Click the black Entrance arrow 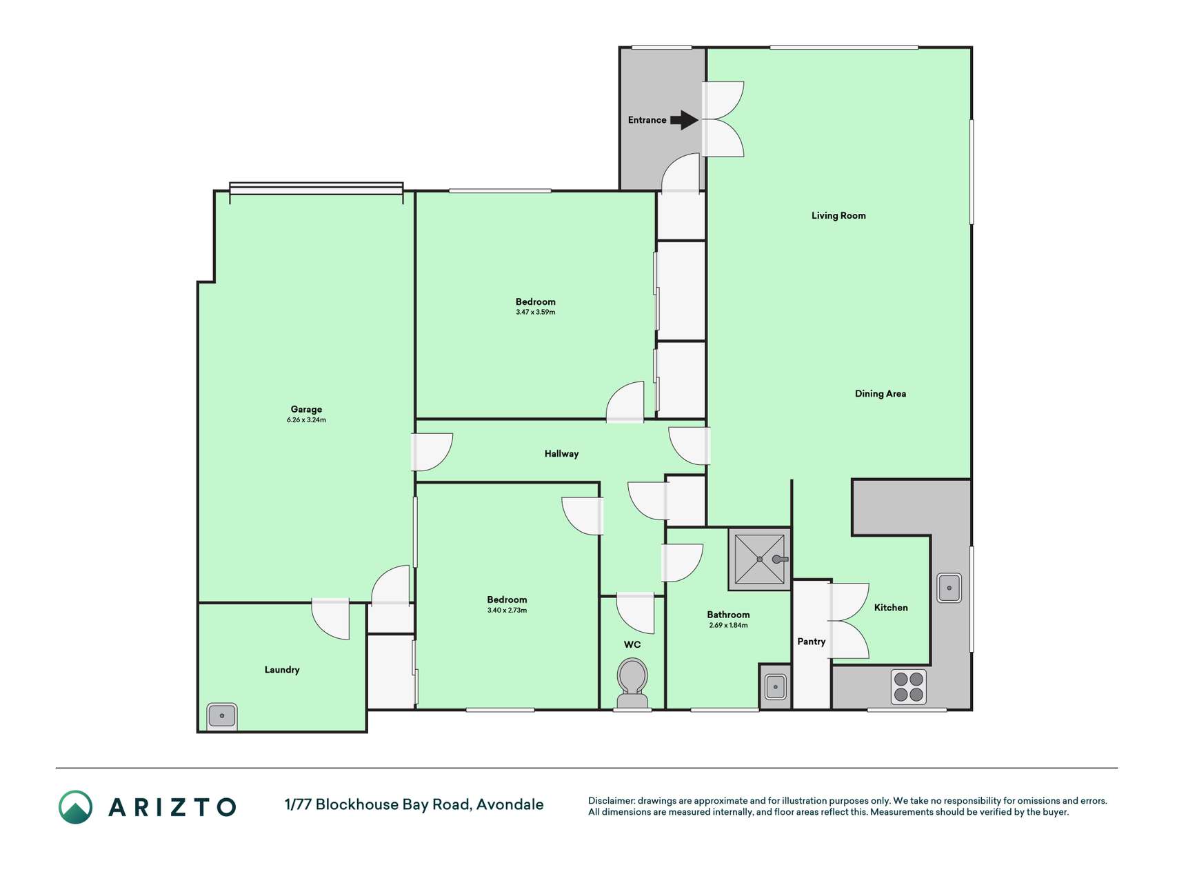coord(684,120)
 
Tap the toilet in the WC coord(632,683)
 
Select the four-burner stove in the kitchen coord(908,686)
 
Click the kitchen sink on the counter coord(949,588)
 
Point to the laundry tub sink coord(222,716)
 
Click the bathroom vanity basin coord(776,687)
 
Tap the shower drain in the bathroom coord(760,559)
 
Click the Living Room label coord(838,215)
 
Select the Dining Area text coord(881,394)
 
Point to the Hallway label coord(561,454)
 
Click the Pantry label coord(812,642)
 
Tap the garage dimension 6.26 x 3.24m coord(306,420)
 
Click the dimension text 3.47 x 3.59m coord(535,312)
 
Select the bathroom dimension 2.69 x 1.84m coord(728,626)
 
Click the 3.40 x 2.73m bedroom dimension coord(507,611)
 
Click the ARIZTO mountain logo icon coord(75,807)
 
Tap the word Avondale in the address coord(510,804)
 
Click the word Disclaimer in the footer coord(611,801)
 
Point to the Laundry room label coord(282,670)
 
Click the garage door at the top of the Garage coord(316,188)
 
